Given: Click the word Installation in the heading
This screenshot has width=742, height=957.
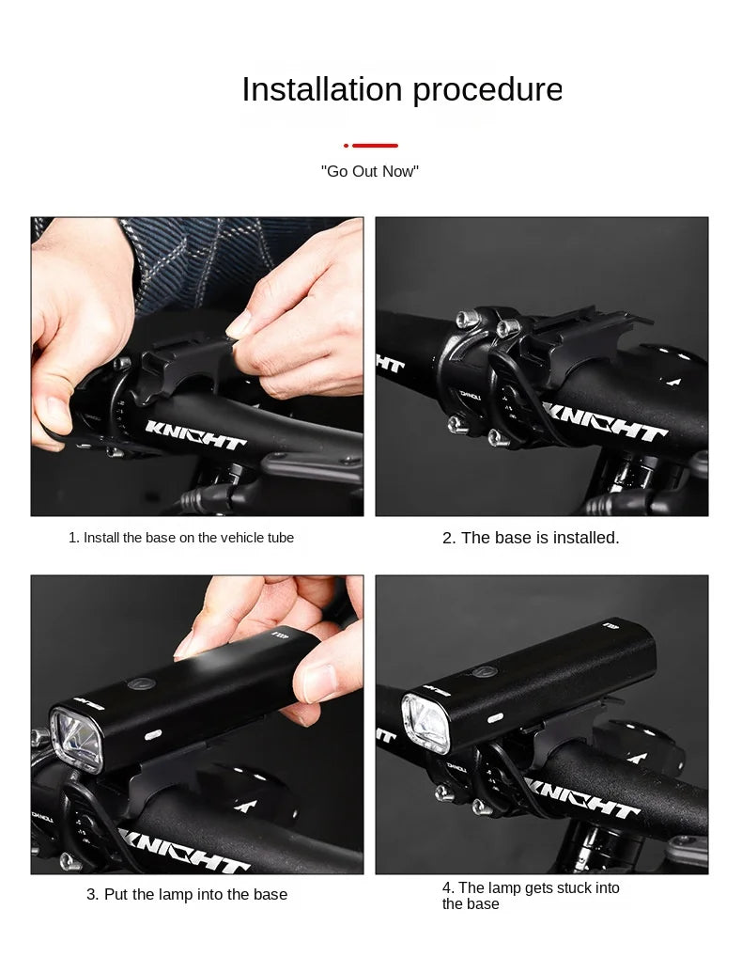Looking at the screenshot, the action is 322,89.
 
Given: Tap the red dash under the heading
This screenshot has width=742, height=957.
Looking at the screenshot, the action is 371,146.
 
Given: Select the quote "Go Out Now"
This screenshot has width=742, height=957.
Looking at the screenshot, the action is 370,171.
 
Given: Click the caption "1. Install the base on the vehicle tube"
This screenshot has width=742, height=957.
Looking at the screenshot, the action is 181,538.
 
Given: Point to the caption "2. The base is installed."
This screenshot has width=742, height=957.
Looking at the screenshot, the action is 531,538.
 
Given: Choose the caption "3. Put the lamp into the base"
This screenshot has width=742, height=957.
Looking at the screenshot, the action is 187,894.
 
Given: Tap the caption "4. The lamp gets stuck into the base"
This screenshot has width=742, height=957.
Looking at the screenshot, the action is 531,895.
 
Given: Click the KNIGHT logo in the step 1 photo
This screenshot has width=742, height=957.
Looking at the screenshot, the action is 195,434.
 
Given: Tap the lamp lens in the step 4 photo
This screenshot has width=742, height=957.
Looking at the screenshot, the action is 425,724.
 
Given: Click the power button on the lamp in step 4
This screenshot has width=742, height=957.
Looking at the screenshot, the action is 484,672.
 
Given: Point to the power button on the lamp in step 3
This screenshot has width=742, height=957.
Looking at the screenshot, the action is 141,684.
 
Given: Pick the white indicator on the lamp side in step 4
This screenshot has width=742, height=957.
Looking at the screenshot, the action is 496,717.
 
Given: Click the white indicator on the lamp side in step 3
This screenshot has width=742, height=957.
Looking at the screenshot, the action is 152,734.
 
